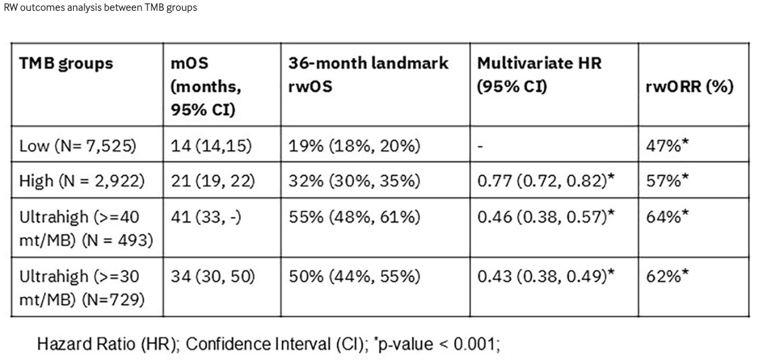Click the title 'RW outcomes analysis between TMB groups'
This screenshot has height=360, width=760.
pos(100,7)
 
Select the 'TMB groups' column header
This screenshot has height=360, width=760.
pos(66,64)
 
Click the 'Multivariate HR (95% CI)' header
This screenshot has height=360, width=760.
pos(539,75)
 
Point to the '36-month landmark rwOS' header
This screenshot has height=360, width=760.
pos(369,75)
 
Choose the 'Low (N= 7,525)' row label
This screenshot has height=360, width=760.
pos(78,146)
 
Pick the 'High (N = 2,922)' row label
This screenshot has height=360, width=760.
pos(82,181)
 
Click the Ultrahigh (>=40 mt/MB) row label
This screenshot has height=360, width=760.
pos(86,228)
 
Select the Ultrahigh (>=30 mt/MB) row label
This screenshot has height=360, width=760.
pos(83,288)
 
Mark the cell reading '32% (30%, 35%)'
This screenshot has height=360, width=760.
pos(355,181)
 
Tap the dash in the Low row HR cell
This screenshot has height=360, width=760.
pos(480,147)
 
